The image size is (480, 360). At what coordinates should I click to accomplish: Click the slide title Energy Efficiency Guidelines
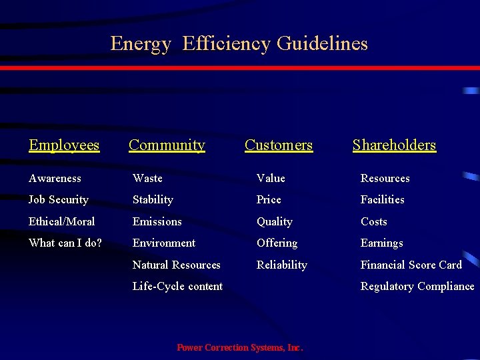pyautogui.click(x=239, y=44)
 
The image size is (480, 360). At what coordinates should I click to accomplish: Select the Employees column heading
pyautogui.click(x=64, y=145)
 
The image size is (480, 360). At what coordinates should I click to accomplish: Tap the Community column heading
pyautogui.click(x=167, y=145)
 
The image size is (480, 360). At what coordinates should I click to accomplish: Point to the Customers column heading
pyautogui.click(x=278, y=145)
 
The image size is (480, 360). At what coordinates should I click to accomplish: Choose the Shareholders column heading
pyautogui.click(x=394, y=145)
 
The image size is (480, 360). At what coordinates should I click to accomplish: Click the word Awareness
pyautogui.click(x=55, y=178)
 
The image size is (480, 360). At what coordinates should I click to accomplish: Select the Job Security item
pyautogui.click(x=59, y=199)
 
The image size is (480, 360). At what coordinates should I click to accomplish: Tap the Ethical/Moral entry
pyautogui.click(x=62, y=221)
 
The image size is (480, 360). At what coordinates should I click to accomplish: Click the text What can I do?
pyautogui.click(x=65, y=243)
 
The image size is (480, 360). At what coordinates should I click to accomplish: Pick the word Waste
pyautogui.click(x=147, y=178)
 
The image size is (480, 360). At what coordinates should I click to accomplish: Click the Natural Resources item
pyautogui.click(x=176, y=265)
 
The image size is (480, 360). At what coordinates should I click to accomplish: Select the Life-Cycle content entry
pyautogui.click(x=177, y=286)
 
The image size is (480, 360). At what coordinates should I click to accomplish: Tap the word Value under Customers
pyautogui.click(x=271, y=178)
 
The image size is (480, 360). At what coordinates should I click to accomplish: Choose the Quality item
pyautogui.click(x=275, y=221)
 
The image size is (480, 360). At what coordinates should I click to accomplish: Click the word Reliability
pyautogui.click(x=282, y=265)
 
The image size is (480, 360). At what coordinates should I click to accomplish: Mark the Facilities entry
pyautogui.click(x=382, y=199)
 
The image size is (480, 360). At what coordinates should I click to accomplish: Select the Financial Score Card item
pyautogui.click(x=411, y=265)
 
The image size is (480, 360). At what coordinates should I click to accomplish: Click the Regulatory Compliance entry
pyautogui.click(x=417, y=286)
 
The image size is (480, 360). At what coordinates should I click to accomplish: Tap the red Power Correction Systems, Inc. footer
pyautogui.click(x=240, y=347)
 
